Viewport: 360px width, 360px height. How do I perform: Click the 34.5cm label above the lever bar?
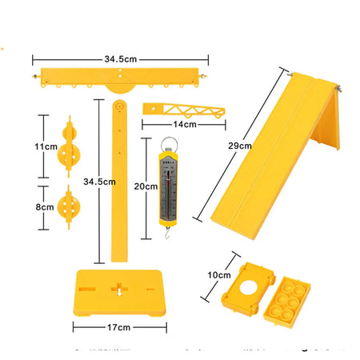[120, 58]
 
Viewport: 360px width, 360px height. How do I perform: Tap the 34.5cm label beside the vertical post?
[94, 182]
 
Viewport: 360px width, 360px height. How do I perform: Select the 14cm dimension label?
[185, 124]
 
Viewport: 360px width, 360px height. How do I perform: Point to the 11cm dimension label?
[45, 147]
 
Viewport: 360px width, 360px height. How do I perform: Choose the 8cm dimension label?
[45, 206]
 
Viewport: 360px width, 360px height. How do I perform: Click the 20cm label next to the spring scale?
[146, 186]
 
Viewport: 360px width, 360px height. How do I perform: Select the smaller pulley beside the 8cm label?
[69, 207]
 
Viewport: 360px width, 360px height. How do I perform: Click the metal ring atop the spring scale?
[170, 145]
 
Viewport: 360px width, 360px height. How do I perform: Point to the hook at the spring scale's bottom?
[167, 232]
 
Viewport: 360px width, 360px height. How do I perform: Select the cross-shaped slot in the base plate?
[119, 286]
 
